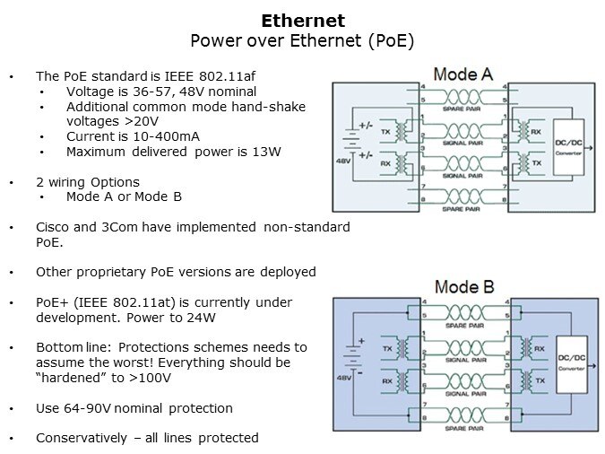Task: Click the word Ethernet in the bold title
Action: coord(302,20)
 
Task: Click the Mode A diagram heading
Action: coord(462,74)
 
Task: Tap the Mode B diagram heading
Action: coord(462,287)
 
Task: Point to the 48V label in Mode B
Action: coord(343,379)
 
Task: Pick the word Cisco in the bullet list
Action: coord(53,227)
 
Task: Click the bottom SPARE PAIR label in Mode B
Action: coord(463,425)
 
